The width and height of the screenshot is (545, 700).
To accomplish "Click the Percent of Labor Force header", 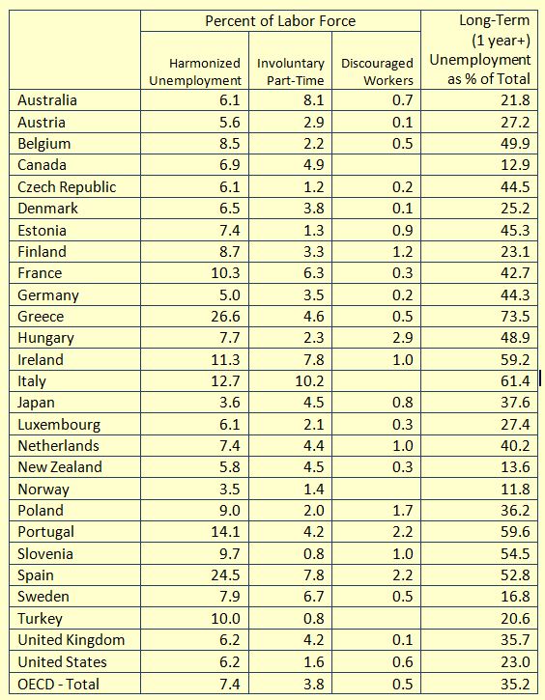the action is click(280, 21).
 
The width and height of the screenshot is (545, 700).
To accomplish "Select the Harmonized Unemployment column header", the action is click(195, 71).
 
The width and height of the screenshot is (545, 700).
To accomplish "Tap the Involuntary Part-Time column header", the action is click(290, 71).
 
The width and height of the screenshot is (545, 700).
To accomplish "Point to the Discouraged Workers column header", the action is click(377, 71).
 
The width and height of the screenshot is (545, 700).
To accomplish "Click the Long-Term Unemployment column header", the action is click(480, 49).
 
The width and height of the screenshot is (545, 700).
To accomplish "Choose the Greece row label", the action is click(41, 317).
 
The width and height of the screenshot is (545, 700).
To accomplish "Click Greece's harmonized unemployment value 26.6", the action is click(225, 317).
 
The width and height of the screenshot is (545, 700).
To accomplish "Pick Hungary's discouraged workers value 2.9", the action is click(403, 338).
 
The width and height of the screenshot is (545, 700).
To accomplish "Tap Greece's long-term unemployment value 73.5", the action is click(515, 317).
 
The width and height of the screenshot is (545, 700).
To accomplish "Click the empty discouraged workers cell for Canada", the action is click(376, 165).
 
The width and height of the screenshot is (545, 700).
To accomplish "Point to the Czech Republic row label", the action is click(67, 187).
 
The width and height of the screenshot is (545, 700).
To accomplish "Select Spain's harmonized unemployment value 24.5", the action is click(225, 575).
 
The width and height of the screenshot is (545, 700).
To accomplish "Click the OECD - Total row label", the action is click(59, 684).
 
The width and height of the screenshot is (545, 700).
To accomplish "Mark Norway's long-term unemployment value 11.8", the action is click(515, 490).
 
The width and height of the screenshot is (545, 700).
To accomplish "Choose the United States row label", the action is click(62, 661).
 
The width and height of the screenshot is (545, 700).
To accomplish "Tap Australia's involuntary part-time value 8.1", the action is click(314, 100).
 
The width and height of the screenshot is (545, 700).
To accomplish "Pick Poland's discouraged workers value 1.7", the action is click(403, 510).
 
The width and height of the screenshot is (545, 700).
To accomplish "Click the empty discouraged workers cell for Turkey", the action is click(376, 619).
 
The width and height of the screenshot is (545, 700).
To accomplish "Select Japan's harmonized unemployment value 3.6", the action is click(230, 403).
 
